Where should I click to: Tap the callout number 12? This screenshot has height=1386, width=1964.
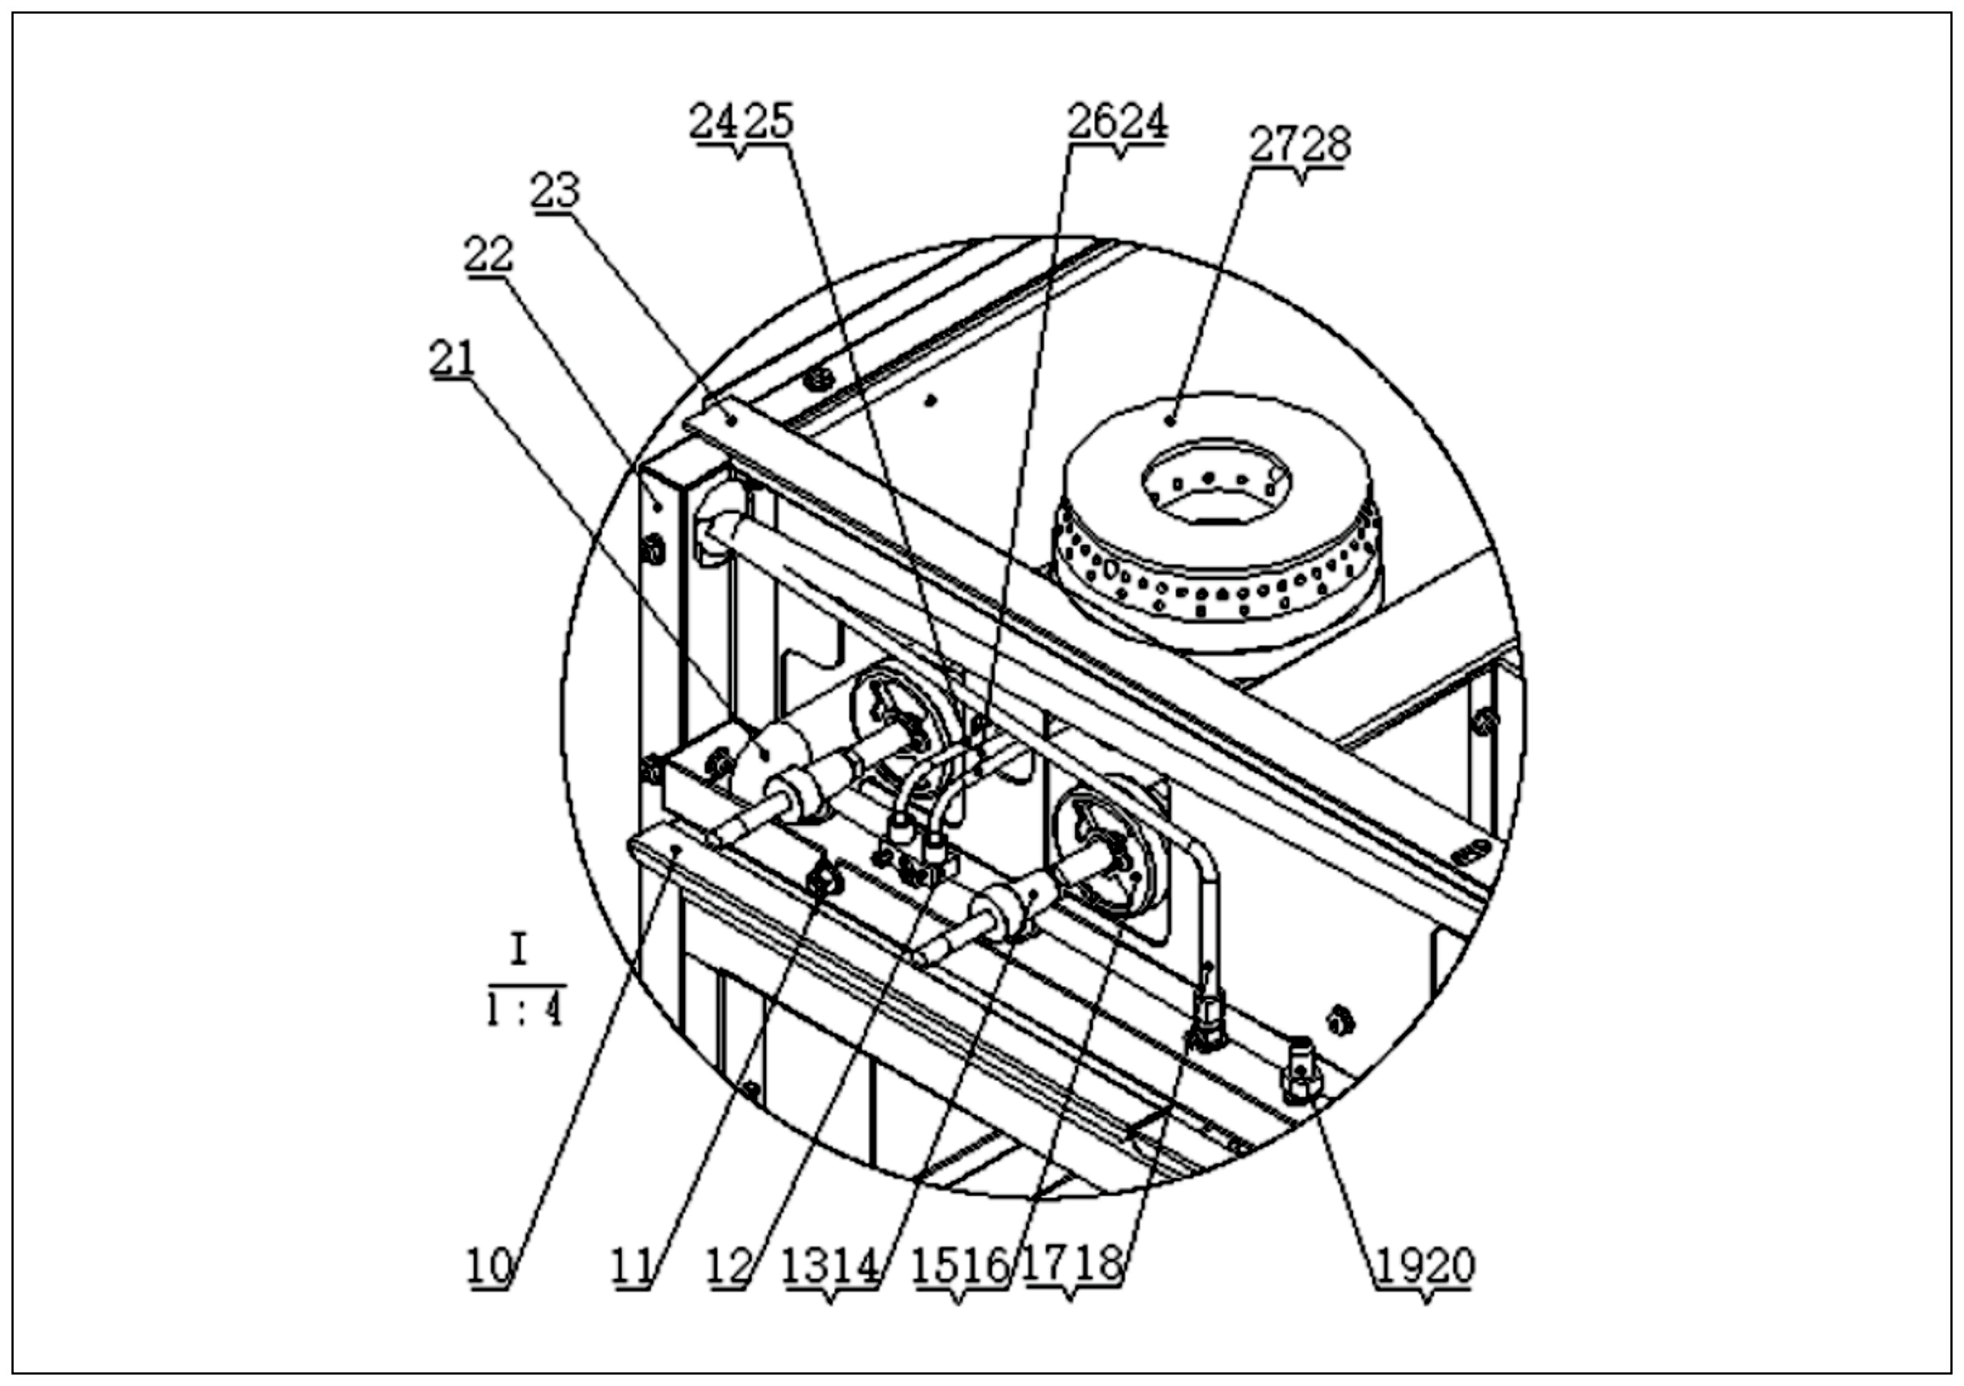coord(729,1267)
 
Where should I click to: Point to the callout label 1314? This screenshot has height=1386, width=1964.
coord(831,1267)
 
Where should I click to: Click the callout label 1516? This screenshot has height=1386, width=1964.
coord(960,1267)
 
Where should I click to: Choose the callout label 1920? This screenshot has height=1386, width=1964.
coord(1425,1267)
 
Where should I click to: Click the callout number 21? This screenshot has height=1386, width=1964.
coord(453,358)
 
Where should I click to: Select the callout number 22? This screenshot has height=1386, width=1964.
coord(489,254)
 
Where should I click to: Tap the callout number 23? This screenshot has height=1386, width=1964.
coord(555,191)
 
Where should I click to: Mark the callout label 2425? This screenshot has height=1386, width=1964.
coord(741,122)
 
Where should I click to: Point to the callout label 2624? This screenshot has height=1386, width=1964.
coord(1117,122)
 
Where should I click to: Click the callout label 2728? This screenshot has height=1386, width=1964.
coord(1300,144)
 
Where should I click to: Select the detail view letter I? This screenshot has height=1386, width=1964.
coord(519,952)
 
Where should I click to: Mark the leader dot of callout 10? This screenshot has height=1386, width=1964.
coord(676,849)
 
